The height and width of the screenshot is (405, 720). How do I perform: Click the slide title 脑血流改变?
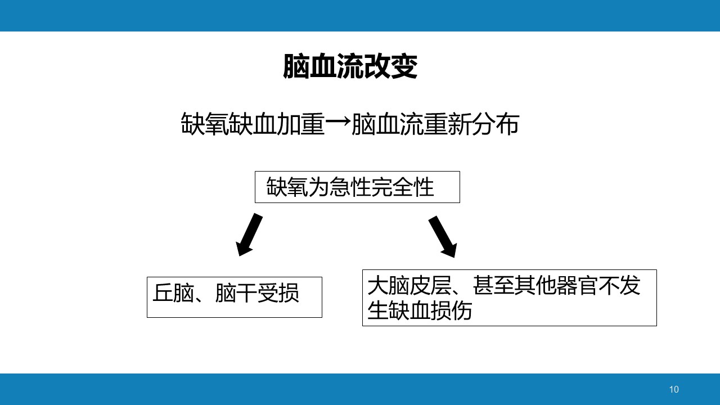[x=350, y=66]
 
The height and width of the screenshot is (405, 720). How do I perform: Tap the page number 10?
[x=674, y=390]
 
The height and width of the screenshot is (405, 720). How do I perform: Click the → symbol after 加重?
[x=338, y=123]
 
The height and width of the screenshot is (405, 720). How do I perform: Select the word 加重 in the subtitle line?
[x=301, y=124]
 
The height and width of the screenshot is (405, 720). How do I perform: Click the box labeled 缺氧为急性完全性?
[x=357, y=187]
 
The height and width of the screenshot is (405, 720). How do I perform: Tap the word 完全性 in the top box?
[x=402, y=187]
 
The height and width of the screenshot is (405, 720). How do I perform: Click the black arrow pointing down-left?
[x=249, y=235]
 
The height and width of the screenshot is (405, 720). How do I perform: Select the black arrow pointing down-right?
[x=443, y=237]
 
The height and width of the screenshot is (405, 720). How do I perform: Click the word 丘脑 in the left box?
[x=173, y=293]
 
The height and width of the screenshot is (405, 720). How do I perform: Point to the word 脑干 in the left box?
[x=236, y=293]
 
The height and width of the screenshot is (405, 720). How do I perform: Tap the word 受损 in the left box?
[x=278, y=293]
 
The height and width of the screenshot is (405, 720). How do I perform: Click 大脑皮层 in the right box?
[x=409, y=285]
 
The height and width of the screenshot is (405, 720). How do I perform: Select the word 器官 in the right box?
[x=577, y=285]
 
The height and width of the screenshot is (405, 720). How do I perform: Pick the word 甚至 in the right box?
[x=493, y=285]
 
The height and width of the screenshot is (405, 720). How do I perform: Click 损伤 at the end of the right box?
[x=451, y=310]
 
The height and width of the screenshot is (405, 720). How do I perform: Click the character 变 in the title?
[x=404, y=66]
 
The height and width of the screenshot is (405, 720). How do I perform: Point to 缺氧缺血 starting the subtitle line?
[x=228, y=124]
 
